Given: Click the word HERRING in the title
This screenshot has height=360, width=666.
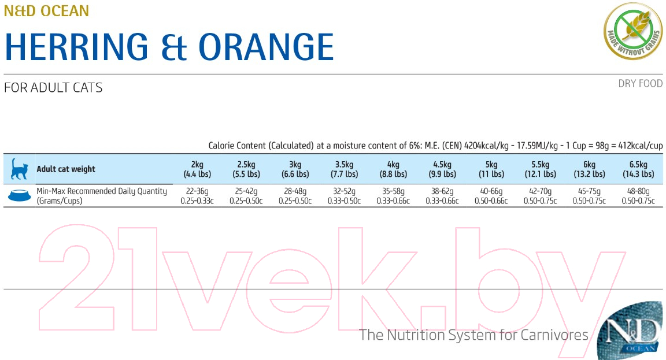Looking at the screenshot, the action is tap(76, 47).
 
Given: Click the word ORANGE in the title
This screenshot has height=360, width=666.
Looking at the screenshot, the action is tap(267, 47).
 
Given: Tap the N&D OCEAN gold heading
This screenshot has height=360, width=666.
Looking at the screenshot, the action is tap(46, 10).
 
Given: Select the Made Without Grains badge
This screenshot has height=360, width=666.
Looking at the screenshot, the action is tap(633, 31).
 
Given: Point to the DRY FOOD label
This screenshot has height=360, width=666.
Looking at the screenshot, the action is tap(640, 84).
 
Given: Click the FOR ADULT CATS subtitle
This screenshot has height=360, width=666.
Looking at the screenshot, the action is tap(53, 87).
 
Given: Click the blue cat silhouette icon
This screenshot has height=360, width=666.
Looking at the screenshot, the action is tap(19, 169).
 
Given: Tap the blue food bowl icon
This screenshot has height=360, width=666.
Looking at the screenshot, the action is tap(20, 195).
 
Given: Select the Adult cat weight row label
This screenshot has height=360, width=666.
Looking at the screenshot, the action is tap(66, 169).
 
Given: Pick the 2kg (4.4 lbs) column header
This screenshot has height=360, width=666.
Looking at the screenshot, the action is tap(197, 169).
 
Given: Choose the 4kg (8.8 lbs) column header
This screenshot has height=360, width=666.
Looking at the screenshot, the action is tap(393, 169).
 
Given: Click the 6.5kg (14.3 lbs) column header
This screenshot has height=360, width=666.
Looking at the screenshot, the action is tap(638, 169).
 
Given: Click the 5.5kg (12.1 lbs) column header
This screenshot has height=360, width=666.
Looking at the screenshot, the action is tap(541, 169).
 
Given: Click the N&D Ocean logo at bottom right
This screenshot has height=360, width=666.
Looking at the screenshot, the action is tap(630, 331).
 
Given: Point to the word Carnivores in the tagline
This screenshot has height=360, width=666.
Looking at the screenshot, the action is tap(554, 335).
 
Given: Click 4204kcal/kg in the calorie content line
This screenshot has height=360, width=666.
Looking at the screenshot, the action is tap(486, 146).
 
